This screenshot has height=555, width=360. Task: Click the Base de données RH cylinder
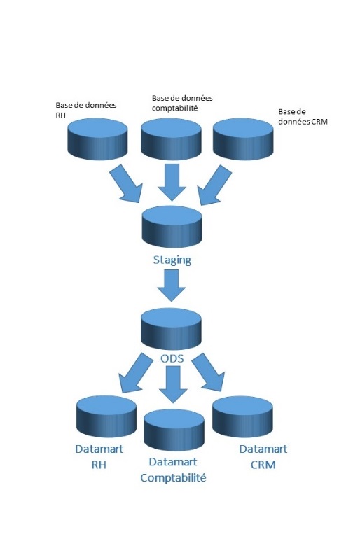(x=97, y=139)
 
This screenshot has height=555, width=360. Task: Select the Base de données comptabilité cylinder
(x=171, y=139)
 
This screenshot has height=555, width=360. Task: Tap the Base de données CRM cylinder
(x=243, y=139)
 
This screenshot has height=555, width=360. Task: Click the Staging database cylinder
(x=172, y=227)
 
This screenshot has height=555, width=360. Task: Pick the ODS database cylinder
(x=171, y=329)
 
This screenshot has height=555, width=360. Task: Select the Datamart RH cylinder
(x=106, y=416)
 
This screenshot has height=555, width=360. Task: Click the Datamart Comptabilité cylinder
(x=174, y=430)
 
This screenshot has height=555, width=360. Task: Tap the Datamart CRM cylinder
(x=242, y=416)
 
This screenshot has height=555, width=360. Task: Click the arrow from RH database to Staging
(x=127, y=184)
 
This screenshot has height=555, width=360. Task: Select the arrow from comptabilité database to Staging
(x=172, y=183)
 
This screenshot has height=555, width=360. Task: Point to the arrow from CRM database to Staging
(x=214, y=185)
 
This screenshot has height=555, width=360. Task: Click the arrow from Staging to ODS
(x=172, y=286)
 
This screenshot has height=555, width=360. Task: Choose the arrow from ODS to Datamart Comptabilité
(x=173, y=384)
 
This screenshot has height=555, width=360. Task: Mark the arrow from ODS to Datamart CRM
(x=208, y=372)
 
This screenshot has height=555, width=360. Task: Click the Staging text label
(x=172, y=260)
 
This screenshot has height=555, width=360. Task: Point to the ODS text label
(x=172, y=358)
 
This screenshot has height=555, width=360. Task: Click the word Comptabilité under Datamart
(x=173, y=478)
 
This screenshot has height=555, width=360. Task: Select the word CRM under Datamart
(x=263, y=465)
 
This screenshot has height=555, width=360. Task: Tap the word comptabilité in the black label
(x=174, y=108)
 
